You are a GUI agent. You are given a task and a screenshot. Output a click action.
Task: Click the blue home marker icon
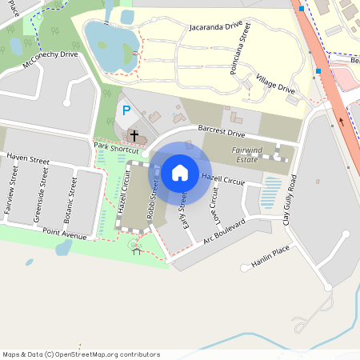pos(180,172)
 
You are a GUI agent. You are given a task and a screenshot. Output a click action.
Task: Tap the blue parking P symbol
pos(125,110)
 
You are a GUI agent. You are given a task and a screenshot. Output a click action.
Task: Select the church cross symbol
pos(134,135)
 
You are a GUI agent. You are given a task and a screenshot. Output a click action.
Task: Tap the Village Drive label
pos(276,86)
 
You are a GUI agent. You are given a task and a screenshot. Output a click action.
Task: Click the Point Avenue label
pos(64,234)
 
